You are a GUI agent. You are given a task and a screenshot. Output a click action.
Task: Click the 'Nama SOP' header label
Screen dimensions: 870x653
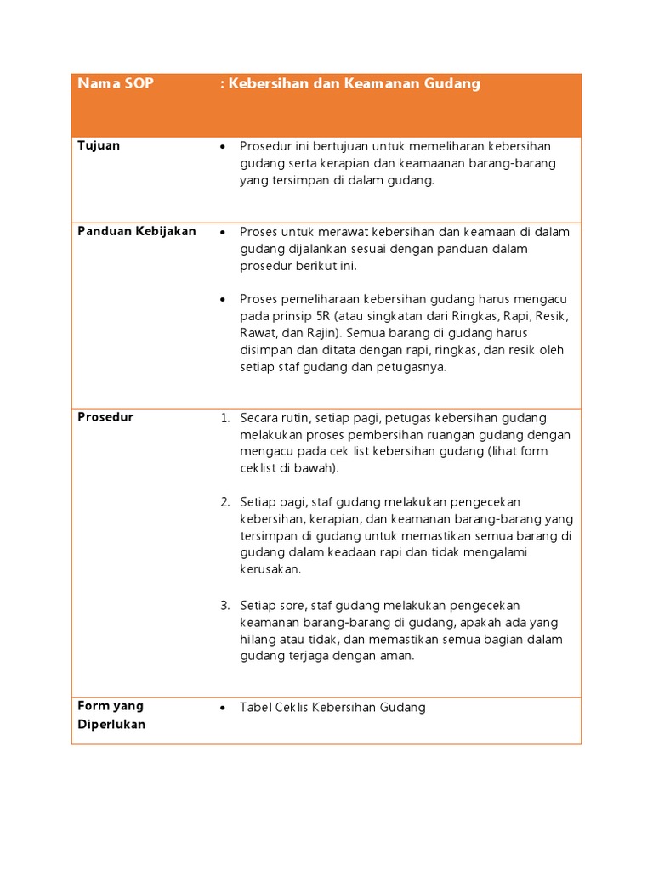point(115,84)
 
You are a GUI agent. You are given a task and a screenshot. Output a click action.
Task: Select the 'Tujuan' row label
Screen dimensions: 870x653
point(99,145)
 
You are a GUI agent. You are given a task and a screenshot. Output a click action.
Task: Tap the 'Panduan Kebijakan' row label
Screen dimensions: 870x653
point(137,231)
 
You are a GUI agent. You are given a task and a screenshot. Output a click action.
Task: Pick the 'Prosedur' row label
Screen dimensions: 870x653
point(105,417)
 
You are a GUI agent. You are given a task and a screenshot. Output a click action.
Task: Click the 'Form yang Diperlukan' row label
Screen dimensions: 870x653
point(111,715)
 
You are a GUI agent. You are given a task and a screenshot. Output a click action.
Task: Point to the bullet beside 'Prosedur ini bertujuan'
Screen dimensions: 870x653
point(223,147)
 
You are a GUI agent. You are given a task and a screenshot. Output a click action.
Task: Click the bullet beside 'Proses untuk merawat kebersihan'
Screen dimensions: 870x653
point(223,232)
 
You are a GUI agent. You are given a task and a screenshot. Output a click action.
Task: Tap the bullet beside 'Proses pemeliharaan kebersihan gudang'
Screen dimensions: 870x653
point(223,300)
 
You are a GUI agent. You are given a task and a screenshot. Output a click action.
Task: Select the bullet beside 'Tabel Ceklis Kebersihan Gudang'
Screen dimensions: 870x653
point(223,708)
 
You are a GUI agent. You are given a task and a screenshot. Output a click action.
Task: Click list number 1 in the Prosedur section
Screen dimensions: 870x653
point(225,418)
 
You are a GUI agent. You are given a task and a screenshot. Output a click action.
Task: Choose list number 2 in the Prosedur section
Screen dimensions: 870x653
point(225,502)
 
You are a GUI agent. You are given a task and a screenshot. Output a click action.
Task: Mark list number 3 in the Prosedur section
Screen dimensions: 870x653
point(225,605)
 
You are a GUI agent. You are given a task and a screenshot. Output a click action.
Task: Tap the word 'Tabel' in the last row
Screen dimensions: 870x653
point(255,707)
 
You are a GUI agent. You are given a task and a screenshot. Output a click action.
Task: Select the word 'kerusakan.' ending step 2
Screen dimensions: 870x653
point(270,569)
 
